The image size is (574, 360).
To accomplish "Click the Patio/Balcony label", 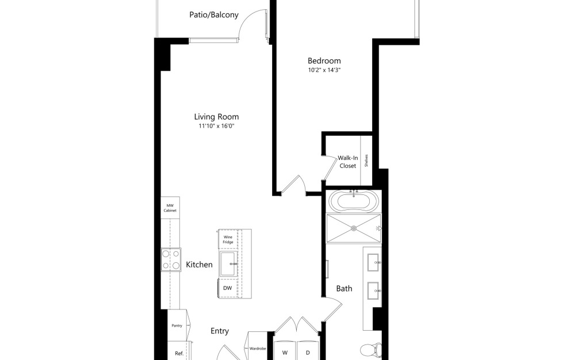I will click(213, 15).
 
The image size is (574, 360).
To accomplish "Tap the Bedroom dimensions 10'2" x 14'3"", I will click(324, 71).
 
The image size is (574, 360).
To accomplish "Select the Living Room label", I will click(216, 116).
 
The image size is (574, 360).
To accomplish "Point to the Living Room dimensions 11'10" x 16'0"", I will click(216, 125).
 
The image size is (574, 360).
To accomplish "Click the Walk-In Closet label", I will click(347, 162).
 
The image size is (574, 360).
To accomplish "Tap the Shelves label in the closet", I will click(366, 160).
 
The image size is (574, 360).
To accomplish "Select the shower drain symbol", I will click(354, 228).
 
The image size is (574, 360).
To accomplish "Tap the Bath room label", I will click(344, 289).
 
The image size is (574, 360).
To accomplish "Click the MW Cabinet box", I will click(170, 208).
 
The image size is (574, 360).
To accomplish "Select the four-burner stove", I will click(171, 259).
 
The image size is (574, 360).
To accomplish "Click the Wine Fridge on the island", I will click(228, 239).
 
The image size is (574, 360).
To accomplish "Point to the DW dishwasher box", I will click(228, 288).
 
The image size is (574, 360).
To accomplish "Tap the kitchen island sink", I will click(228, 264).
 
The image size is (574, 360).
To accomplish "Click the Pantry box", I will click(177, 326).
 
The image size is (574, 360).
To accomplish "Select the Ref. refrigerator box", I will click(178, 353).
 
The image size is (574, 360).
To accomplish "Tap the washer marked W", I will click(284, 352).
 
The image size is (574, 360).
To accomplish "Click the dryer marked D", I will click(307, 352).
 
